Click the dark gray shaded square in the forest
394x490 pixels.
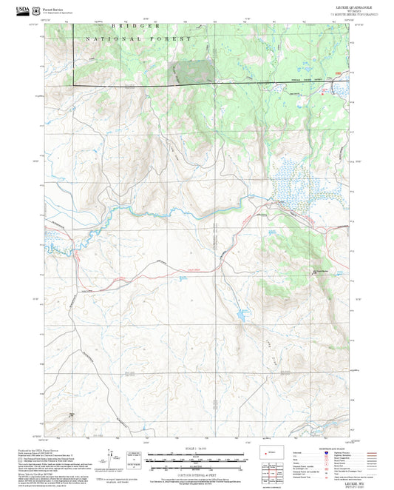click(x=194, y=71)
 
